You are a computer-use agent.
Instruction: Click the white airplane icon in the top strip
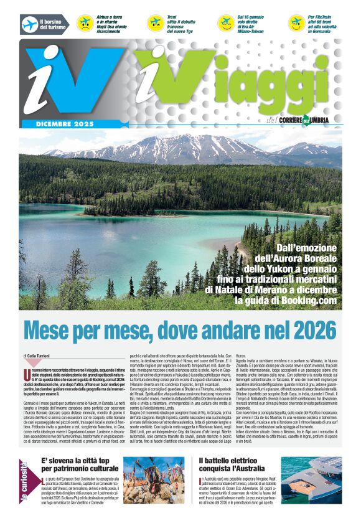click(x=29, y=24)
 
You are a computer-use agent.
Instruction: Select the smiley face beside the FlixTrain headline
click(x=297, y=23)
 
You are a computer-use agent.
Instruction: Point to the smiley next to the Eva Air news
click(x=226, y=24)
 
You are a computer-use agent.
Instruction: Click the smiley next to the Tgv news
click(x=156, y=24)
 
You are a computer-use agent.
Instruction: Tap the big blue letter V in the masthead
click(x=90, y=77)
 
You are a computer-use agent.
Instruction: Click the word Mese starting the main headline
click(x=50, y=329)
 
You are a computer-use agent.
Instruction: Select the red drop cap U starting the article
click(x=27, y=373)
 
